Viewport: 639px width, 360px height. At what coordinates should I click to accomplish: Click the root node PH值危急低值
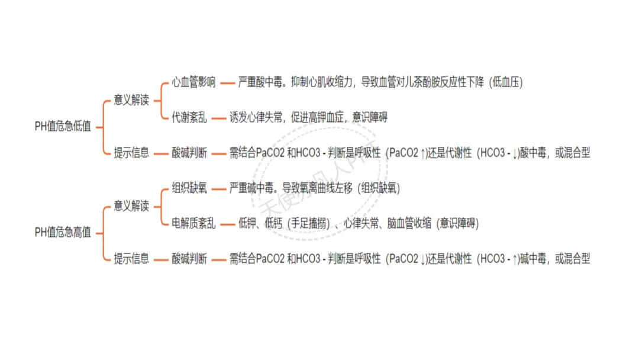[63, 126]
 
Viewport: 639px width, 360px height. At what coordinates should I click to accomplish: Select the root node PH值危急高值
[63, 233]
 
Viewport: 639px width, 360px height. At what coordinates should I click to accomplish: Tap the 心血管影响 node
[193, 82]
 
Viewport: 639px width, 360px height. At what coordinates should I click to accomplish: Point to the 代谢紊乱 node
[189, 117]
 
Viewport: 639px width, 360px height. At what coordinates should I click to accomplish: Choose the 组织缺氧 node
[189, 188]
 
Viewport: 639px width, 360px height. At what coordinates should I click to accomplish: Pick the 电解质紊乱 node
[193, 223]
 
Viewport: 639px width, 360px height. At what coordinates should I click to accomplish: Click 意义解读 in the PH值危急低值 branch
[131, 99]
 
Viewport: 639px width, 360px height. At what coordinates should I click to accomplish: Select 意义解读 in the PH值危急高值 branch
[131, 206]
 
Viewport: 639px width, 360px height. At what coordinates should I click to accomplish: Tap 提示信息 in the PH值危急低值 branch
[131, 153]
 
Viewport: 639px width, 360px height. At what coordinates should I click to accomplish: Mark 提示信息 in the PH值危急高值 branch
[131, 259]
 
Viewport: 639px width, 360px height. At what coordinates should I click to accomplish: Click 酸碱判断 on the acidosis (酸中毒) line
[189, 153]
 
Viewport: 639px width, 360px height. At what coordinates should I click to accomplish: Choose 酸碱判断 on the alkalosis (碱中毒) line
[189, 259]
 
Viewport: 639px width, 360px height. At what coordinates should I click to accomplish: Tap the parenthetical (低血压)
[506, 82]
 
